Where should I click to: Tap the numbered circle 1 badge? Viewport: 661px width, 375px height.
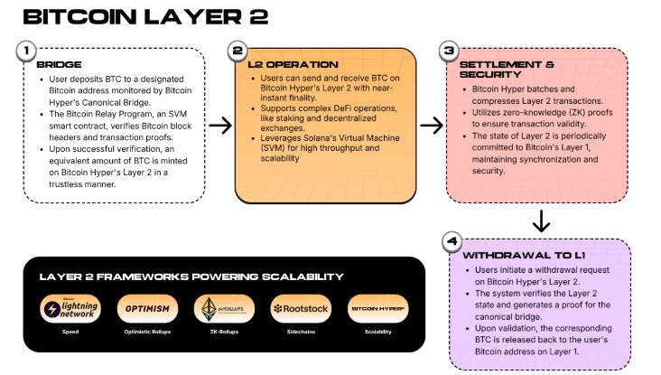click(30, 51)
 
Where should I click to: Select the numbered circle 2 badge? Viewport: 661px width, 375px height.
click(237, 51)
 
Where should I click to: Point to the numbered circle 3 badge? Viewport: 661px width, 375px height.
click(449, 51)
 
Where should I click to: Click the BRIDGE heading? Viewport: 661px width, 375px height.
click(59, 65)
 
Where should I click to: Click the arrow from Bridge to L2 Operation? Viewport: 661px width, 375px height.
click(219, 125)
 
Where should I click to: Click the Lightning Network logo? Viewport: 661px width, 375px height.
click(70, 310)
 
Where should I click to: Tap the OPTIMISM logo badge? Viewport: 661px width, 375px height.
click(147, 310)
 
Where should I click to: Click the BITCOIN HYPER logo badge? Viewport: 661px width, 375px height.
click(377, 310)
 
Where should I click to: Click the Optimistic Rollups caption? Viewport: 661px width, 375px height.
click(147, 333)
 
